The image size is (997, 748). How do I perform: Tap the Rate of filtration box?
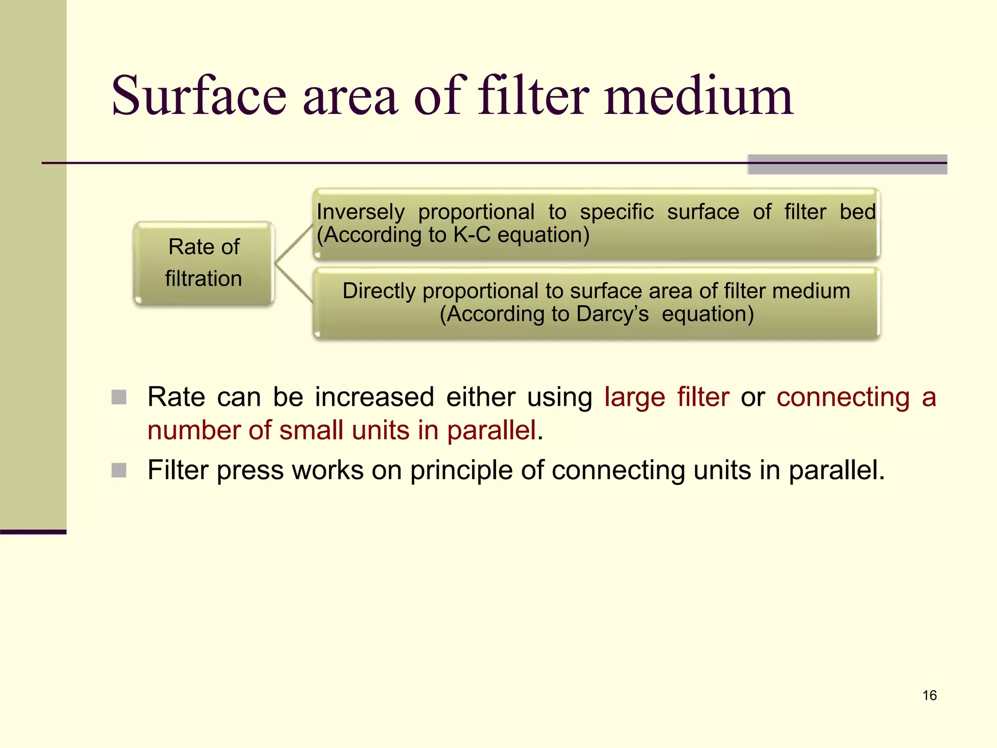click(204, 263)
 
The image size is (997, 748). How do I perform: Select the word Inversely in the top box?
click(360, 212)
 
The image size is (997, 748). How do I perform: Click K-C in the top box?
click(472, 235)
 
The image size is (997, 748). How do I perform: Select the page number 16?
click(929, 695)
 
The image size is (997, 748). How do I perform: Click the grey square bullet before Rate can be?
click(119, 397)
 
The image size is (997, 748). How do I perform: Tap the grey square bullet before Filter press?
click(119, 470)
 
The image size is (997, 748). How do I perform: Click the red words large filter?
click(666, 397)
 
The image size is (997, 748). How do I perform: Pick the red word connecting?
click(843, 397)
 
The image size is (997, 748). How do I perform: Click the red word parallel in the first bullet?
click(491, 430)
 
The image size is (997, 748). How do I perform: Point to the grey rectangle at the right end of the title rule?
click(847, 165)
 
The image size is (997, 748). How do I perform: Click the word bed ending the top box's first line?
click(857, 212)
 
